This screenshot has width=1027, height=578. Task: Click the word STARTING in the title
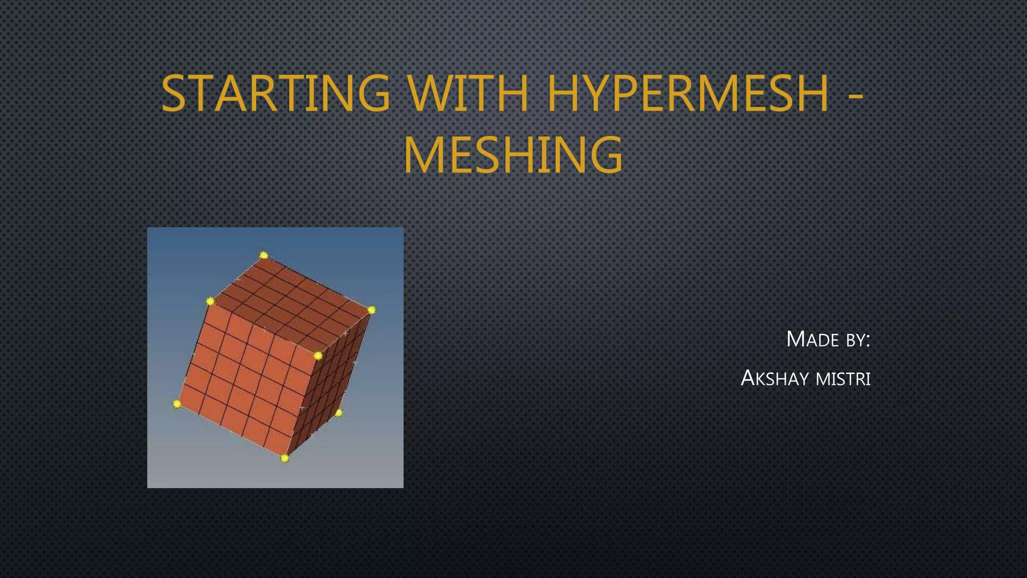[x=275, y=94]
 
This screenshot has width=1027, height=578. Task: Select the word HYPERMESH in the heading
[x=688, y=94]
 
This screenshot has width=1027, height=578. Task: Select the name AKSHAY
[x=775, y=378]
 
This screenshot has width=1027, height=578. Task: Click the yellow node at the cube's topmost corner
[x=264, y=255]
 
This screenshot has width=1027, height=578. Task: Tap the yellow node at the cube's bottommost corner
[x=284, y=458]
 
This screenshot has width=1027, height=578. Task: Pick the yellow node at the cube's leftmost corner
[x=177, y=403]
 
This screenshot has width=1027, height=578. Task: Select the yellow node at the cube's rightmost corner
[x=371, y=310]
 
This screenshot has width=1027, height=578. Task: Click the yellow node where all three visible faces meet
[x=318, y=356]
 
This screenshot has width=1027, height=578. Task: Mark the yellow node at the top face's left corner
[x=210, y=301]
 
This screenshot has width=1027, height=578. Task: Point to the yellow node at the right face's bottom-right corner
[x=338, y=413]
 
